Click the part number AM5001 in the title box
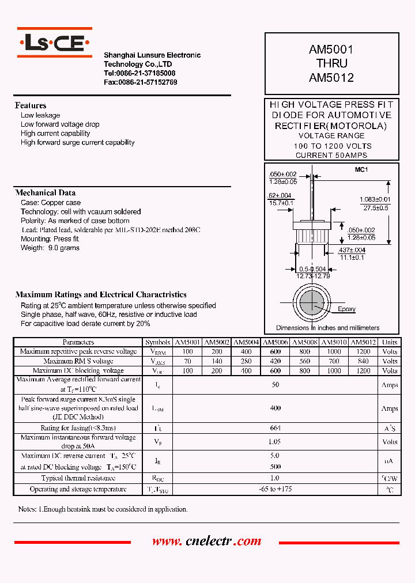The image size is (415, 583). [x=331, y=51]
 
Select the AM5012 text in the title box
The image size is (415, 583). [x=331, y=77]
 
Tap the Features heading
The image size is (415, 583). [x=31, y=105]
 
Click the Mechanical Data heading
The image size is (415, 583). [x=46, y=193]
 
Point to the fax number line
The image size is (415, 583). [x=141, y=82]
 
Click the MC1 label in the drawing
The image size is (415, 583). [x=361, y=169]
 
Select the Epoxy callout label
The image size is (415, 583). [x=346, y=309]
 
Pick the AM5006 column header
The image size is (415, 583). [x=276, y=342]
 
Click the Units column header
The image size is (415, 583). [x=390, y=342]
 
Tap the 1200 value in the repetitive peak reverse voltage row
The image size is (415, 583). [x=363, y=351]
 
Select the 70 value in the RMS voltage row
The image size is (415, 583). [x=187, y=361]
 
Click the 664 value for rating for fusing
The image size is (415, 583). [x=275, y=428]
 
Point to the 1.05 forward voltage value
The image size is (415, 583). [x=275, y=442]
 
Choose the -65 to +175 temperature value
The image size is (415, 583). [x=275, y=489]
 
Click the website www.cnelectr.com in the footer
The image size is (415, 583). [x=207, y=542]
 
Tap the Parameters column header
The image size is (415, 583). [x=78, y=342]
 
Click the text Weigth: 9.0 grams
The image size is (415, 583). [x=50, y=248]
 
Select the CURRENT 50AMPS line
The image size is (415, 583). [x=331, y=155]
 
